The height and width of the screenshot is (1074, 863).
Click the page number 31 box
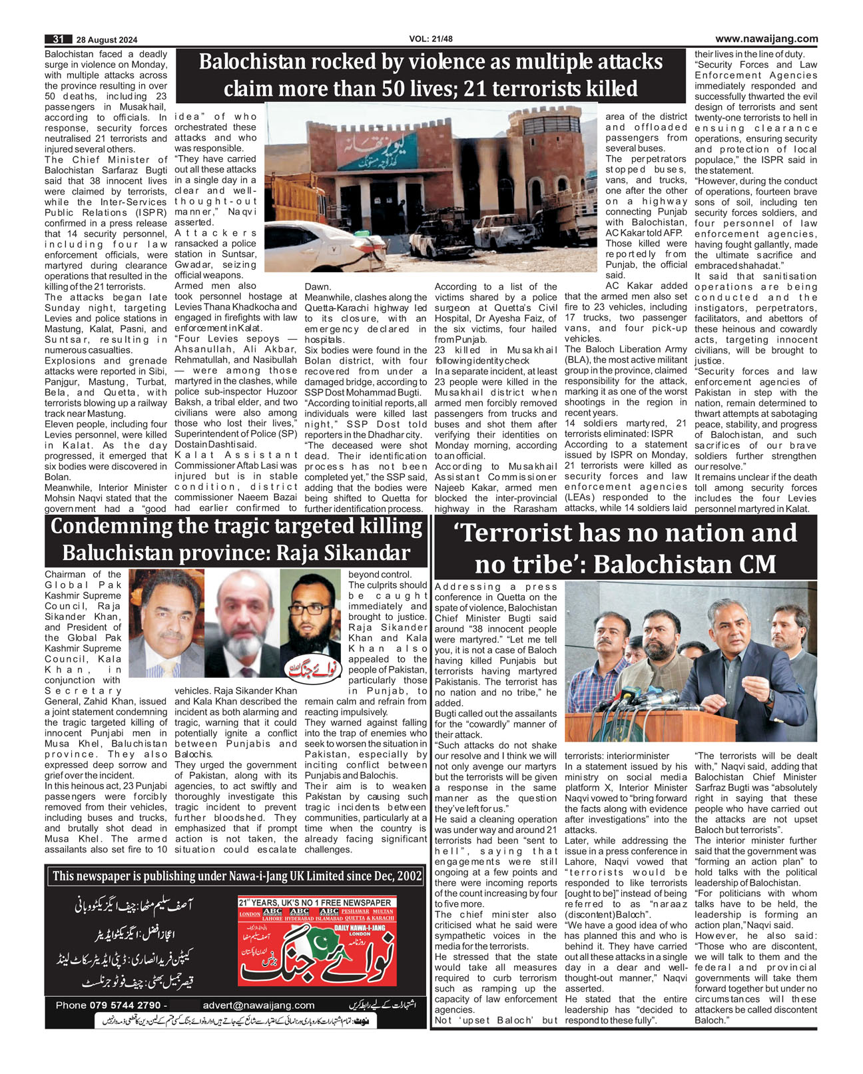click(x=58, y=39)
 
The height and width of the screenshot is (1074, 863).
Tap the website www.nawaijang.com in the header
click(x=766, y=39)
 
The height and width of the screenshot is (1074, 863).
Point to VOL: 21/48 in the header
click(x=431, y=39)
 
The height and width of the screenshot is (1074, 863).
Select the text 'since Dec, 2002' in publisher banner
click(x=378, y=876)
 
